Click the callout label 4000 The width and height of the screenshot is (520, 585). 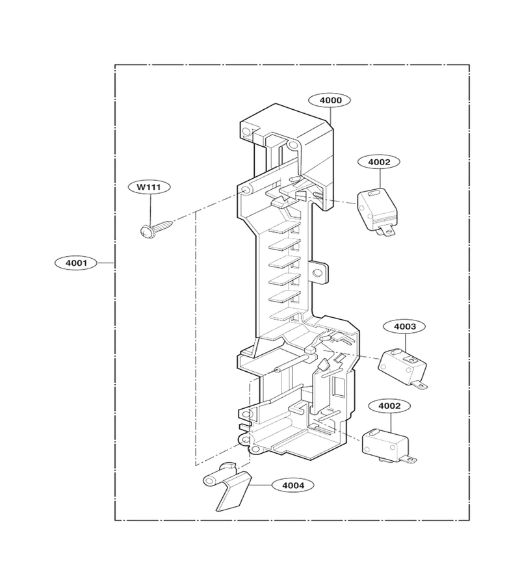[330, 100]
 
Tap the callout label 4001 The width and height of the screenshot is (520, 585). [76, 263]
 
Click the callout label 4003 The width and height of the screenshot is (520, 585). [405, 326]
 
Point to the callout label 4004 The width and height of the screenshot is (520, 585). [293, 485]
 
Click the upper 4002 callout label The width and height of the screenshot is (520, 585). [379, 162]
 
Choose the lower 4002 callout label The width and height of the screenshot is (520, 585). [389, 406]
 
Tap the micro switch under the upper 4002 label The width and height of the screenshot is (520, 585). [377, 213]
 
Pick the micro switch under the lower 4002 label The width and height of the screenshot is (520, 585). [389, 447]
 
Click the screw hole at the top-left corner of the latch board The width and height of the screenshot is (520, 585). [246, 131]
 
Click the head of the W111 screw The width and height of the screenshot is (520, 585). [144, 232]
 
